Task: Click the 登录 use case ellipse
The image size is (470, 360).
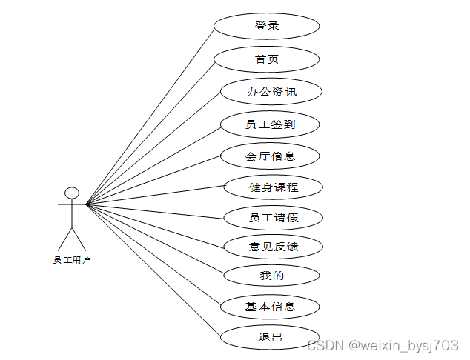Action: (x=267, y=26)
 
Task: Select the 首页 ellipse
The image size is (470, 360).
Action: (x=267, y=59)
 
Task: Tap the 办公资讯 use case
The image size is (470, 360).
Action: (x=271, y=92)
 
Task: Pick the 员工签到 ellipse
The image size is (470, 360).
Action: (x=271, y=124)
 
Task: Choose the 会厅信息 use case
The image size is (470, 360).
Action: (x=271, y=156)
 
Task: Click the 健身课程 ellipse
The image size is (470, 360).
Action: (x=274, y=187)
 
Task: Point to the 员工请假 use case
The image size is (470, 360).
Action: (x=274, y=218)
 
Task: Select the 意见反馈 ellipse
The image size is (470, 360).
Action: (x=274, y=247)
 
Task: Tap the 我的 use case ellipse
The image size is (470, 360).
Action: (x=272, y=276)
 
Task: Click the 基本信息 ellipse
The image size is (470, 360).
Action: (x=271, y=307)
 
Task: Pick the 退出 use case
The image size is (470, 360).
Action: (x=271, y=337)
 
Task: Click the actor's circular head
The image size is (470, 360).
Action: (x=72, y=193)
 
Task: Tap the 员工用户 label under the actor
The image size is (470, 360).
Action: (x=72, y=260)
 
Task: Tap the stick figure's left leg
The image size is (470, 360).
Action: (x=65, y=239)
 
